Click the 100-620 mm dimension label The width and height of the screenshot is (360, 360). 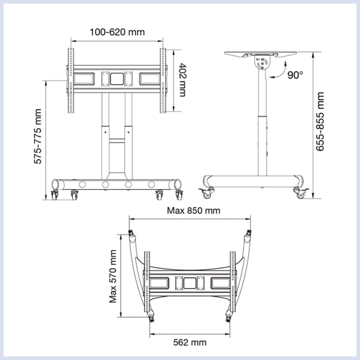(x=117, y=32)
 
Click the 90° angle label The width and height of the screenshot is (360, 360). (x=295, y=75)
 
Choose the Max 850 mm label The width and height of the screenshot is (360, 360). (x=193, y=210)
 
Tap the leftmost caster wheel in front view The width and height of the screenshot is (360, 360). (x=55, y=195)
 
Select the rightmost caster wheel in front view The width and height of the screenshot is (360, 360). (x=179, y=195)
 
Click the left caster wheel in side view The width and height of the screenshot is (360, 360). (x=207, y=194)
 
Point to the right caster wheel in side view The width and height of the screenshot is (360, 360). (x=300, y=194)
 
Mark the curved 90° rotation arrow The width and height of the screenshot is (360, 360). (x=278, y=71)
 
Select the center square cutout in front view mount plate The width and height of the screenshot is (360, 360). (x=117, y=79)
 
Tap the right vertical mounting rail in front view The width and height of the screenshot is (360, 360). (x=163, y=80)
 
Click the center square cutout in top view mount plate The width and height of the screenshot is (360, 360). (x=189, y=283)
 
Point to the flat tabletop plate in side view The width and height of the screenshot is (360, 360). (x=261, y=53)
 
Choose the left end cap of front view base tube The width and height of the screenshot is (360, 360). (x=55, y=184)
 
